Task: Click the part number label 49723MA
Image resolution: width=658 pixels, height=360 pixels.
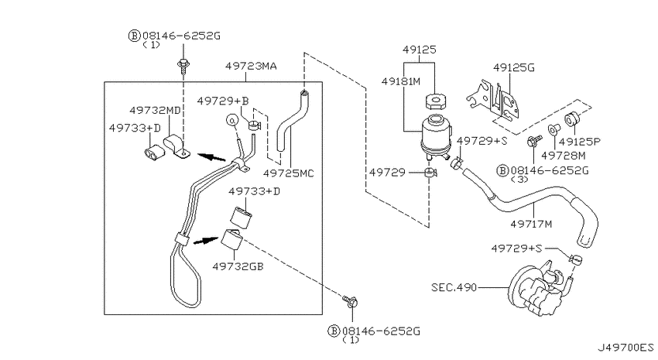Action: point(251,67)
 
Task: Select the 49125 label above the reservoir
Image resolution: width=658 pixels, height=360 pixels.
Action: point(420,50)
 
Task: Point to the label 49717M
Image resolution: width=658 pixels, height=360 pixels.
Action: point(531,224)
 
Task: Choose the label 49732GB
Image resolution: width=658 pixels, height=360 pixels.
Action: point(238,266)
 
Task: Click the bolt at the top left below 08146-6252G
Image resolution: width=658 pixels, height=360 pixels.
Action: point(183,66)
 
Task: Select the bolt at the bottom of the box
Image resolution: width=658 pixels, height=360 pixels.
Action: point(351,301)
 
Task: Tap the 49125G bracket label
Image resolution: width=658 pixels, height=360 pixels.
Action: point(514,67)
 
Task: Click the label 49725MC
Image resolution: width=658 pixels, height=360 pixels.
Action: point(288,173)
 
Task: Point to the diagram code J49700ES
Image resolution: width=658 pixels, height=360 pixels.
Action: point(625,348)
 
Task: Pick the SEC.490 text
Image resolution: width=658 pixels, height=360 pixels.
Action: point(454,287)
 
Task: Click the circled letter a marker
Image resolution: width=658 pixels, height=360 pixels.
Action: point(232,120)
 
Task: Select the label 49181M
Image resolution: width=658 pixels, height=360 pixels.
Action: point(401,81)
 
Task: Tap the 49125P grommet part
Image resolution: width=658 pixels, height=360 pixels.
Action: point(571,119)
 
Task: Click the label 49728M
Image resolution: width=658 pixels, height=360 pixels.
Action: point(563,156)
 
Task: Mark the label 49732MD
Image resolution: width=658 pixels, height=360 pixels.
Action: point(155,111)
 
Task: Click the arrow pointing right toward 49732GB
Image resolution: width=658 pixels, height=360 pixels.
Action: point(206,241)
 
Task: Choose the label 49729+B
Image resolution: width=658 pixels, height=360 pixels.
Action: point(223,101)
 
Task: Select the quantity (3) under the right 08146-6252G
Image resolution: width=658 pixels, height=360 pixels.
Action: point(519,180)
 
